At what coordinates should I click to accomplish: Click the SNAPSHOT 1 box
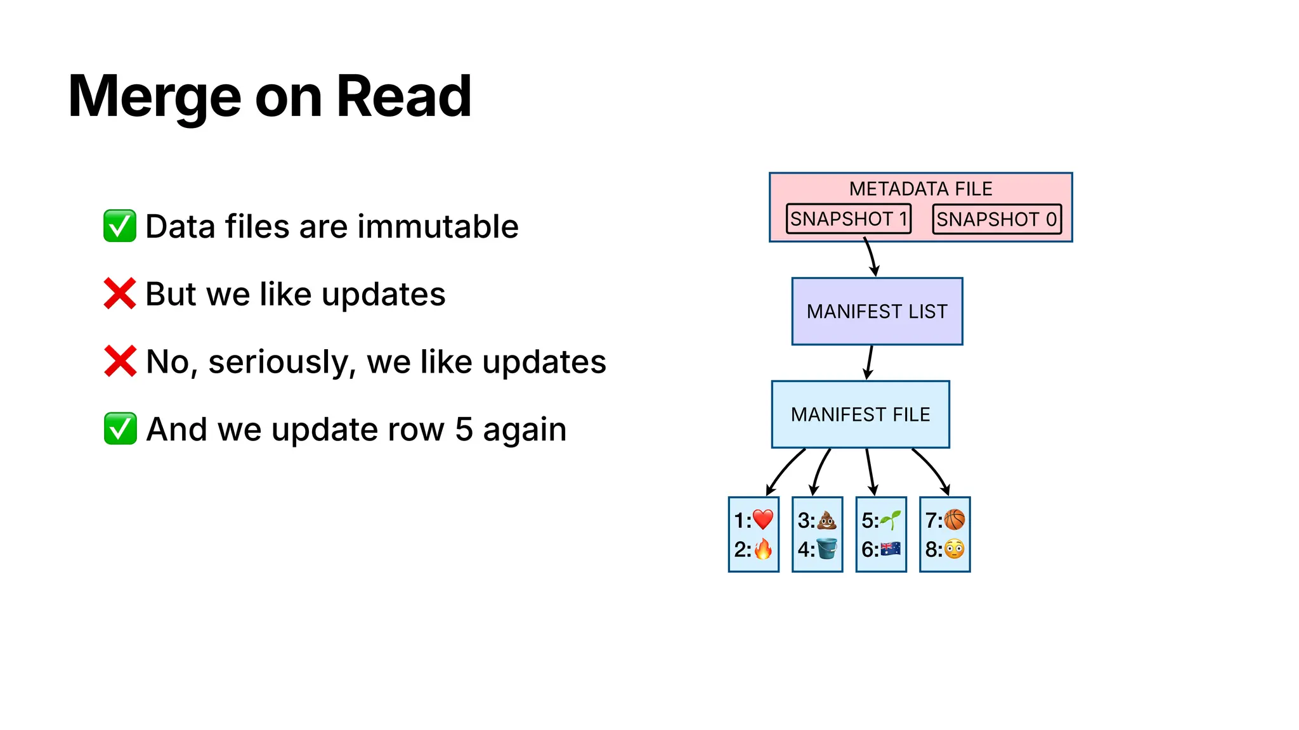click(848, 219)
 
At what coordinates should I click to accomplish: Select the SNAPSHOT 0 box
click(996, 219)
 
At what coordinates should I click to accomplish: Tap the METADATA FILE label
click(920, 189)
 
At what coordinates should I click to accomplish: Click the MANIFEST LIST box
click(877, 311)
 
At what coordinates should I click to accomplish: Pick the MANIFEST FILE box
click(860, 414)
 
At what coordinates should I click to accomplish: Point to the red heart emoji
click(763, 520)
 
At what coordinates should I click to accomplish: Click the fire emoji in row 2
click(763, 549)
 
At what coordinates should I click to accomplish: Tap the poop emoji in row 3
click(826, 520)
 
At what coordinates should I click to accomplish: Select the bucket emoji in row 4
click(826, 549)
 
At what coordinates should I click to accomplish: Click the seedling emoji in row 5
click(891, 520)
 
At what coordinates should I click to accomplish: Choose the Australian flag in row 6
click(891, 549)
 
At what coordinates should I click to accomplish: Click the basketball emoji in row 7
click(954, 520)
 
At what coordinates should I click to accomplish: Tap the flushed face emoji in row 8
click(954, 549)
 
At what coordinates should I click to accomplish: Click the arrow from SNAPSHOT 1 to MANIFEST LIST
click(871, 257)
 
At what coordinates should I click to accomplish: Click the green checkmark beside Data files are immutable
click(120, 226)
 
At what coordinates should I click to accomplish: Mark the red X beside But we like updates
click(120, 293)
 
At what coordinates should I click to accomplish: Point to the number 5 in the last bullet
click(464, 430)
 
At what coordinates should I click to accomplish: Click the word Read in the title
click(403, 96)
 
